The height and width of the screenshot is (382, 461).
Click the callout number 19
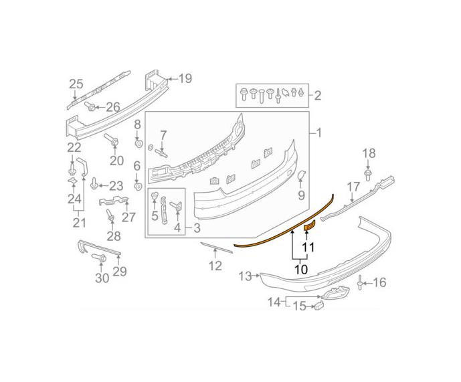pyautogui.click(x=185, y=78)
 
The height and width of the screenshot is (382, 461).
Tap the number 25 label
pyautogui.click(x=76, y=84)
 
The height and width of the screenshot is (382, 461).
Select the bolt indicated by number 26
pyautogui.click(x=90, y=106)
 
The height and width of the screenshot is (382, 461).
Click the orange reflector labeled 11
pyautogui.click(x=309, y=225)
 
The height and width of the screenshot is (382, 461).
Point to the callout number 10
pyautogui.click(x=301, y=269)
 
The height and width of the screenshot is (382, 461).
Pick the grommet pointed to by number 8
pyautogui.click(x=139, y=144)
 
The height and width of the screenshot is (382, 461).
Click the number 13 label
pyautogui.click(x=245, y=276)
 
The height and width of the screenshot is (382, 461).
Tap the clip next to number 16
pyautogui.click(x=359, y=282)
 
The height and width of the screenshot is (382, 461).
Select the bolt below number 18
pyautogui.click(x=367, y=175)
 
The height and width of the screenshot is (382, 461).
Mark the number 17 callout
pyautogui.click(x=353, y=187)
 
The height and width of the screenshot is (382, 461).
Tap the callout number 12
pyautogui.click(x=215, y=266)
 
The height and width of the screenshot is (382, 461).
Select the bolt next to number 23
pyautogui.click(x=94, y=183)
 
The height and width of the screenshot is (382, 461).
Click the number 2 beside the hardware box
pyautogui.click(x=318, y=96)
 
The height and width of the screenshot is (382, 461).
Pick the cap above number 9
pyautogui.click(x=301, y=175)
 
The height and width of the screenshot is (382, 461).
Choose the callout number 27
pyautogui.click(x=128, y=217)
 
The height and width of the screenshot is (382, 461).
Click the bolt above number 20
pyautogui.click(x=111, y=140)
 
